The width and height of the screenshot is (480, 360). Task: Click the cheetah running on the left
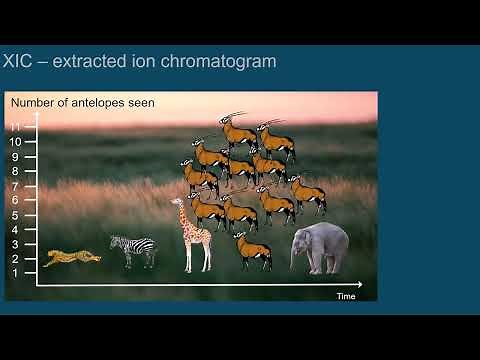71,257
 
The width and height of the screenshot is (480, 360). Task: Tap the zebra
133,250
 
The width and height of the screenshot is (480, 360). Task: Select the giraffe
192,236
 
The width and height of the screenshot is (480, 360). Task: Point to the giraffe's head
179,203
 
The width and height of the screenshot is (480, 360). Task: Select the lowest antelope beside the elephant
253,249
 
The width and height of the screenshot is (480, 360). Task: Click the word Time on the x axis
346,296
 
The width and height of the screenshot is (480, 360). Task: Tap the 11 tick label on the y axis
15,127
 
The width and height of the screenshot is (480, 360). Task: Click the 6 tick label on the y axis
15,200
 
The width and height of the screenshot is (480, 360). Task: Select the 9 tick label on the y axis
15,156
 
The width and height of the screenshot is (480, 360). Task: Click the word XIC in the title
23,62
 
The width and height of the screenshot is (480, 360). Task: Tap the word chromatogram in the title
223,62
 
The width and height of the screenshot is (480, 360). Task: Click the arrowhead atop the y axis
37,114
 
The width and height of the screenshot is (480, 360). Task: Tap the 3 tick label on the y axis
15,244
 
